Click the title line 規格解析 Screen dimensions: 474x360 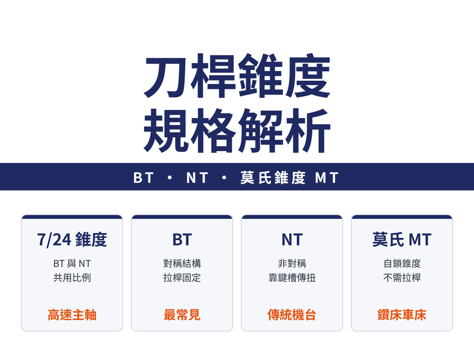click(237, 130)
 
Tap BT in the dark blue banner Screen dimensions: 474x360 click(144, 178)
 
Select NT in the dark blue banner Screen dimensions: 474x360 click(197, 178)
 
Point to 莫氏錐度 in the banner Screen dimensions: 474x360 click(273, 178)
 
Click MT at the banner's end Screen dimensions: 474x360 click(327, 178)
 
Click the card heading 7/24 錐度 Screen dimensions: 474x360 click(72, 240)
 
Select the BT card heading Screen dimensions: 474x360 click(182, 240)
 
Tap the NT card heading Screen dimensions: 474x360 click(292, 240)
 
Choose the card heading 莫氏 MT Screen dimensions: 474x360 click(402, 240)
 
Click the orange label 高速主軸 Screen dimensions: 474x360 click(72, 315)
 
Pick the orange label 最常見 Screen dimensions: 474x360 click(182, 315)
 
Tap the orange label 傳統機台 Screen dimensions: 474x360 click(292, 315)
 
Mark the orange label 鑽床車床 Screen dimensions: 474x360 click(402, 315)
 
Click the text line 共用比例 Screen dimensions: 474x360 click(72, 278)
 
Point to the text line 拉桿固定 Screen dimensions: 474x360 click(182, 278)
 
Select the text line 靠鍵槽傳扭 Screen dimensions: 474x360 click(292, 278)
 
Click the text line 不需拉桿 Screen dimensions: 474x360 click(402, 278)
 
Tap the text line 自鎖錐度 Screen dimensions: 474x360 click(402, 263)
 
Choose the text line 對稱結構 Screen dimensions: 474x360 click(182, 263)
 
